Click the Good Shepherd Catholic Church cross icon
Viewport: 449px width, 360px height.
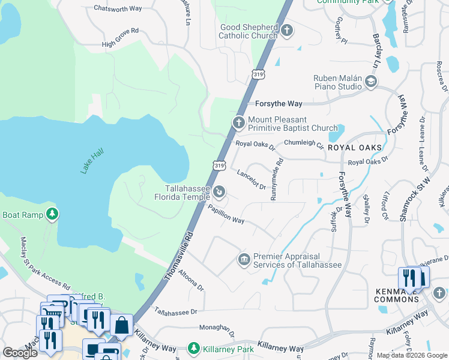click(288, 30)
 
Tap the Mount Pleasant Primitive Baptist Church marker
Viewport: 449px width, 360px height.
click(238, 123)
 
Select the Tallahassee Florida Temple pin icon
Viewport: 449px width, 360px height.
click(220, 192)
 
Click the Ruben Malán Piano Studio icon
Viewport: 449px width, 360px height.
click(371, 82)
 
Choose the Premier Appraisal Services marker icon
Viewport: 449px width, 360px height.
click(244, 259)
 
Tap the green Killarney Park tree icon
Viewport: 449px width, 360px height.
click(193, 348)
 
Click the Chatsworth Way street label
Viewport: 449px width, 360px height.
click(118, 8)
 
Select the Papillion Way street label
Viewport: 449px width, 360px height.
click(226, 213)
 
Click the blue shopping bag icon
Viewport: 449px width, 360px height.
click(121, 325)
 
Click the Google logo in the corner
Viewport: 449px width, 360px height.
click(20, 353)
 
